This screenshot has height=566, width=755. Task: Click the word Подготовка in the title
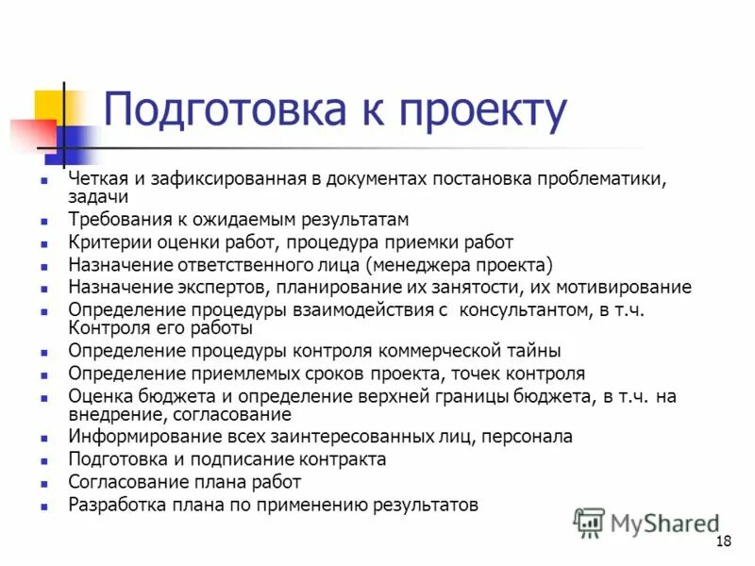point(222,111)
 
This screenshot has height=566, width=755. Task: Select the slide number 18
point(724,541)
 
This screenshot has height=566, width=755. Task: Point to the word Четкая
point(94,179)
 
